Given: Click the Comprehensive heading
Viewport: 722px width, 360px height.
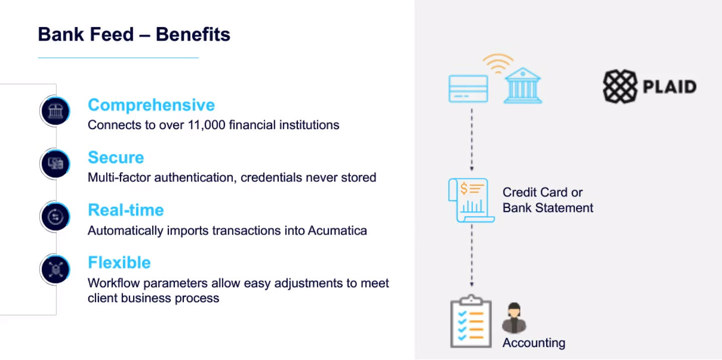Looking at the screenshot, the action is click(151, 105).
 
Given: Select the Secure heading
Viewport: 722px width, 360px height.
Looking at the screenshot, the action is click(116, 158).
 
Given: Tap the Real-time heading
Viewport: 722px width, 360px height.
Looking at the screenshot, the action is click(126, 210).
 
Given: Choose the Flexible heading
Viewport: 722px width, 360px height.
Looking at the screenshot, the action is click(119, 263).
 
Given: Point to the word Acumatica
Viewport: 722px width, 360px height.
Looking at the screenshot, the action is click(337, 231).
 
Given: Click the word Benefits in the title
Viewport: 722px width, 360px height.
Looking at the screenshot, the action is click(193, 35).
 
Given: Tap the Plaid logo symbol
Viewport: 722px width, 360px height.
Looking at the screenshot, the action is click(620, 86).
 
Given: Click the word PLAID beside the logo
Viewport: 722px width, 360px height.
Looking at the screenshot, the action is click(670, 87).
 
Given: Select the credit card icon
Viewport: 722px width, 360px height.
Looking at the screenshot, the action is click(468, 89).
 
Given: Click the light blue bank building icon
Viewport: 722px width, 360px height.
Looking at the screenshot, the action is click(523, 86).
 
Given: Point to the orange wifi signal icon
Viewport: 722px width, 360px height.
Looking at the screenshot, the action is click(498, 63).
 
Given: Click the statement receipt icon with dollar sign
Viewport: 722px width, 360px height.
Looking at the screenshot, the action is click(471, 200).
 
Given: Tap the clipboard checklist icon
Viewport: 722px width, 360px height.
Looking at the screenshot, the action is click(471, 321).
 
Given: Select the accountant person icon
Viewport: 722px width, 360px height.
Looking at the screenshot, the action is click(514, 318).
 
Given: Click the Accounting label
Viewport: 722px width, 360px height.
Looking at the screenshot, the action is click(534, 343).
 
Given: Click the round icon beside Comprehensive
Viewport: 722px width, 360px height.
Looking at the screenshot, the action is click(55, 111).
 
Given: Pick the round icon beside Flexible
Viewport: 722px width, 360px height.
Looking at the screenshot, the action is click(55, 270).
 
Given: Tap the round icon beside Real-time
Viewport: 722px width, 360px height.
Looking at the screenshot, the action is click(55, 216).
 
